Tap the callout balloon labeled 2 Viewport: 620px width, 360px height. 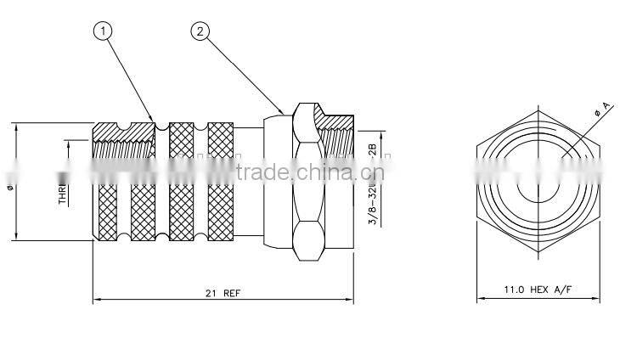coord(200,32)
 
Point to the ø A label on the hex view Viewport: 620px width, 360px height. coord(604,108)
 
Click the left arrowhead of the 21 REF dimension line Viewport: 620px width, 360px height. coord(96,299)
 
